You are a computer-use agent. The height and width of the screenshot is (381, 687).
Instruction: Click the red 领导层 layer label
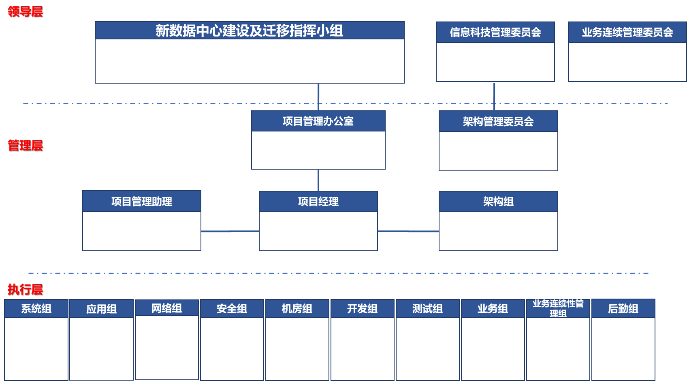coord(25,11)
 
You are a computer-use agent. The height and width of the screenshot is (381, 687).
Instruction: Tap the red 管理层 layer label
coord(25,145)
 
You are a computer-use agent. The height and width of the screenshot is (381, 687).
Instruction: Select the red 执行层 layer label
coord(25,289)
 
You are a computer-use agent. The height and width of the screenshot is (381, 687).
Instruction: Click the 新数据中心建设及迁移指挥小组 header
coord(250,30)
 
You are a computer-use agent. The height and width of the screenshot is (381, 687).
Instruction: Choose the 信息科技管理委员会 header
coord(495,32)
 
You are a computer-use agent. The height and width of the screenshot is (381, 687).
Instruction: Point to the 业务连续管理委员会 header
coord(627,32)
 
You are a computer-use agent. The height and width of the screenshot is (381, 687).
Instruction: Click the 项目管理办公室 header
coord(318,121)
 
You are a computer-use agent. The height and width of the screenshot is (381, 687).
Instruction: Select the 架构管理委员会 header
coord(498,121)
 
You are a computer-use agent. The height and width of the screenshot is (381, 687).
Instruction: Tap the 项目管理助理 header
coord(142,201)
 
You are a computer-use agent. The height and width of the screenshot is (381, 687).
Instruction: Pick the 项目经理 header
coord(318,201)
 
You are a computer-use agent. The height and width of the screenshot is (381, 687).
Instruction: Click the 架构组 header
coord(498,201)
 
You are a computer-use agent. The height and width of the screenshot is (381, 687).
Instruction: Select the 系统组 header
coord(36,309)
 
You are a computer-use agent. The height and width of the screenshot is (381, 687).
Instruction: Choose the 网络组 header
coord(166,308)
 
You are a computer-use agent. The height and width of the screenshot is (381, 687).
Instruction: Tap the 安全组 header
coord(232,309)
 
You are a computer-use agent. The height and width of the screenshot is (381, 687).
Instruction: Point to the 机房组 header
coord(297,309)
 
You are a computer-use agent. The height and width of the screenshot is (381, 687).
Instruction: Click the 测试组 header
coord(427,309)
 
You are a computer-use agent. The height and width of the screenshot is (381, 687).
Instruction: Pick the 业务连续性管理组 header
coord(558,308)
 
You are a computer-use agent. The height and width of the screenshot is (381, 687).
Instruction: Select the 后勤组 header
coord(623,309)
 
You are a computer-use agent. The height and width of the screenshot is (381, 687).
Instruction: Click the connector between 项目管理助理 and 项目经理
coord(230,231)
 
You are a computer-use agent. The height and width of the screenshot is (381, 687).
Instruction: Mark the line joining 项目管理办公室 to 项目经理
coord(318,180)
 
